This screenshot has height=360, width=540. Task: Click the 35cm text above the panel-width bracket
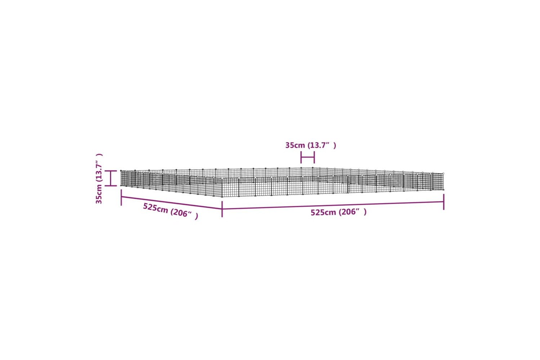click(295, 145)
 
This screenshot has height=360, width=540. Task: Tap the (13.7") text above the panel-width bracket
click(321, 145)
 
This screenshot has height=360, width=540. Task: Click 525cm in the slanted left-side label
click(156, 208)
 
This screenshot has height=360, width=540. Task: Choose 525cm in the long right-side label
click(323, 212)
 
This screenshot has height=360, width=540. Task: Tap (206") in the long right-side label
click(352, 212)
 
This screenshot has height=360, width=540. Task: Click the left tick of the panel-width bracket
click(301, 157)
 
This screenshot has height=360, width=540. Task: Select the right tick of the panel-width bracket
click(314, 157)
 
